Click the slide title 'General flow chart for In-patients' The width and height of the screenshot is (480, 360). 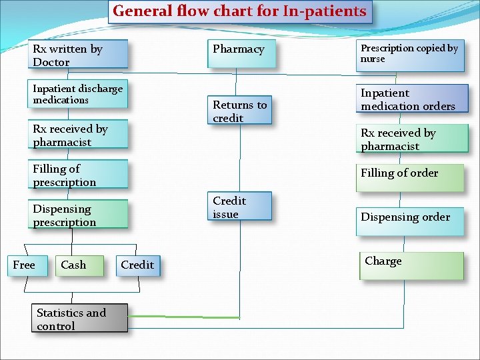pos(239,11)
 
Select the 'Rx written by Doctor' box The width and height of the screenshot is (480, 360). pos(79,55)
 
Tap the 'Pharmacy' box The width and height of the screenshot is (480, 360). pos(241,54)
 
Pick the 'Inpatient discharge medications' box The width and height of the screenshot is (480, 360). pos(79,95)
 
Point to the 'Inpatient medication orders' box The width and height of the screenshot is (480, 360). pos(412,99)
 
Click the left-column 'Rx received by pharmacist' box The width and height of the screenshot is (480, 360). pos(79,135)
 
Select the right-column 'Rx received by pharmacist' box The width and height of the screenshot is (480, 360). pos(411,139)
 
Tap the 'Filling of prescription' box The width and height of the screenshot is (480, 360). pos(79,175)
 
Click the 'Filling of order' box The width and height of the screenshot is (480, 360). pos(409,177)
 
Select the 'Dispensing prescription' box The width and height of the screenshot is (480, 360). pos(79,215)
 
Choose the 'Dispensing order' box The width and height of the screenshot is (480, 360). pos(409,221)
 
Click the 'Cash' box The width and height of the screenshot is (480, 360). pos(79,265)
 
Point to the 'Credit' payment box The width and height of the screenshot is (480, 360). pos(138,265)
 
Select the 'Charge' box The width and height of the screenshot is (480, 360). pos(409,265)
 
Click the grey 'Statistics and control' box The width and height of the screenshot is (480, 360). pos(79,319)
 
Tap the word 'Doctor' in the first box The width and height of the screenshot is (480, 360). pos(51,63)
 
